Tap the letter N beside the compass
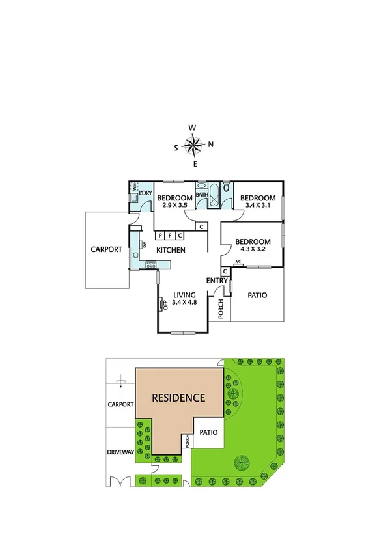pyautogui.click(x=211, y=145)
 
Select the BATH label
pyautogui.click(x=201, y=194)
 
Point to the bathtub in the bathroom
pyautogui.click(x=202, y=203)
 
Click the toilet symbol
pyautogui.click(x=226, y=188)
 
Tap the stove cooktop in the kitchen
pyautogui.click(x=151, y=264)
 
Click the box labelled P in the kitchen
pyautogui.click(x=160, y=235)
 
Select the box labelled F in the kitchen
pyautogui.click(x=169, y=235)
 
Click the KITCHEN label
pyautogui.click(x=171, y=250)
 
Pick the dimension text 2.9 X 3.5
pyautogui.click(x=174, y=206)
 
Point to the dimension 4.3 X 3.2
pyautogui.click(x=251, y=248)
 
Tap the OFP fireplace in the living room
pyautogui.click(x=162, y=305)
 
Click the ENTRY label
pyautogui.click(x=216, y=281)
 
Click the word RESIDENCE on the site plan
pyautogui.click(x=178, y=398)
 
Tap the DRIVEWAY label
pyautogui.click(x=120, y=452)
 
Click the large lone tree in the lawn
pyautogui.click(x=242, y=463)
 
